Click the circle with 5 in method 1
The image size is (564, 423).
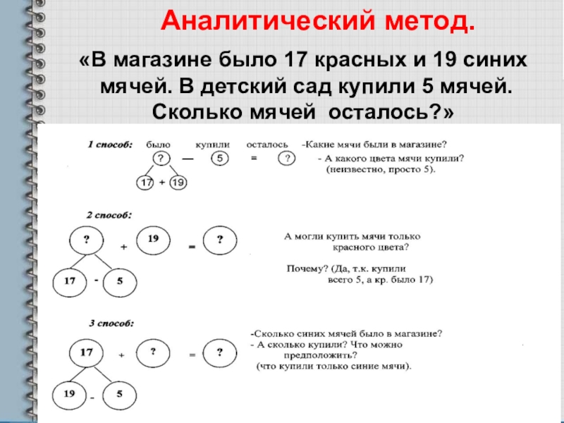(220, 159)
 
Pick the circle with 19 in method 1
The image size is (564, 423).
(178, 183)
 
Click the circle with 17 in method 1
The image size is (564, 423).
(146, 183)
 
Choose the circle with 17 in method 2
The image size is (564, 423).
(69, 281)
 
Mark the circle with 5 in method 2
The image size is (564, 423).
(120, 281)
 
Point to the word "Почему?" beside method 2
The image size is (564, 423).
(305, 269)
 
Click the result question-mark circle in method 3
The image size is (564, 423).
(220, 351)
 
